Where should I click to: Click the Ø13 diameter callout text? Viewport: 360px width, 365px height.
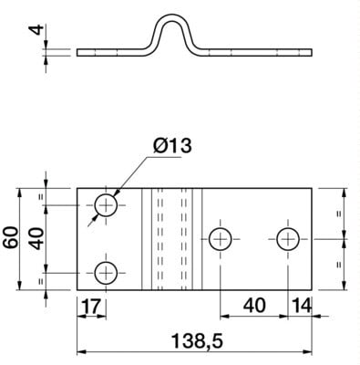(172, 146)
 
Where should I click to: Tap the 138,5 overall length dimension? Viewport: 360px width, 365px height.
(197, 341)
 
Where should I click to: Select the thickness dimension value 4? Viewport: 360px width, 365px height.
(36, 30)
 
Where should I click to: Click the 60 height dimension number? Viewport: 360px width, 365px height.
(11, 237)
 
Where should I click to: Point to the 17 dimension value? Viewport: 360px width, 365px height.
(91, 306)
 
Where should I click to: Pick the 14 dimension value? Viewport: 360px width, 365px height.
(301, 306)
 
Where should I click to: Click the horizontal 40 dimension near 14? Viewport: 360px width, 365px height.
(254, 306)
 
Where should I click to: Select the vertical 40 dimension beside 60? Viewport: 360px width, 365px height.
(36, 238)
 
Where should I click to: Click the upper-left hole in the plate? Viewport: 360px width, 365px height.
(106, 205)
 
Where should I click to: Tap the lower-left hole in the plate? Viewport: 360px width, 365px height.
(106, 273)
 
